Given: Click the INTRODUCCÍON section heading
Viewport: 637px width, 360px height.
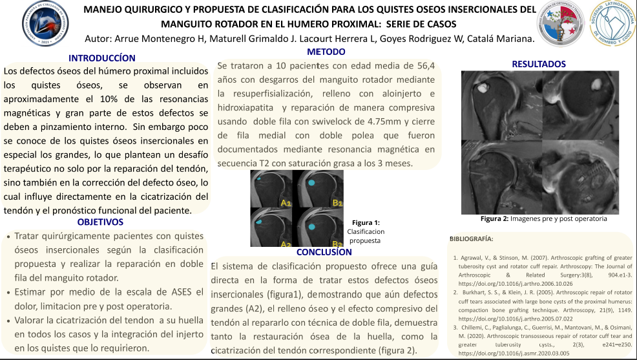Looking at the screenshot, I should pyautogui.click(x=102, y=58).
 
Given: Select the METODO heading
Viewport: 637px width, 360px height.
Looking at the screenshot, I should pyautogui.click(x=326, y=51).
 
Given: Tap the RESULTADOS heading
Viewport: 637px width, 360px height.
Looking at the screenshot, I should pyautogui.click(x=538, y=64).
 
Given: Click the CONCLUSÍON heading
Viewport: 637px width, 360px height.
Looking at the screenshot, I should pyautogui.click(x=324, y=252).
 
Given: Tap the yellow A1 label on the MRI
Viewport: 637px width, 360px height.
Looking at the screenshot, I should pyautogui.click(x=286, y=203).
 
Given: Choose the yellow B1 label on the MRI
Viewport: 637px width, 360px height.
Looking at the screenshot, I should pyautogui.click(x=337, y=203).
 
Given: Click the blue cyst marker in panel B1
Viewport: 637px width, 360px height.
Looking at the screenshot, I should pyautogui.click(x=312, y=183).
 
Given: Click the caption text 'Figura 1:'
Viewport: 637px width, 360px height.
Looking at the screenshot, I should pyautogui.click(x=366, y=222).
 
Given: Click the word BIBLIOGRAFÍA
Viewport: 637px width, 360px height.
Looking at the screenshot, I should pyautogui.click(x=471, y=238).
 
